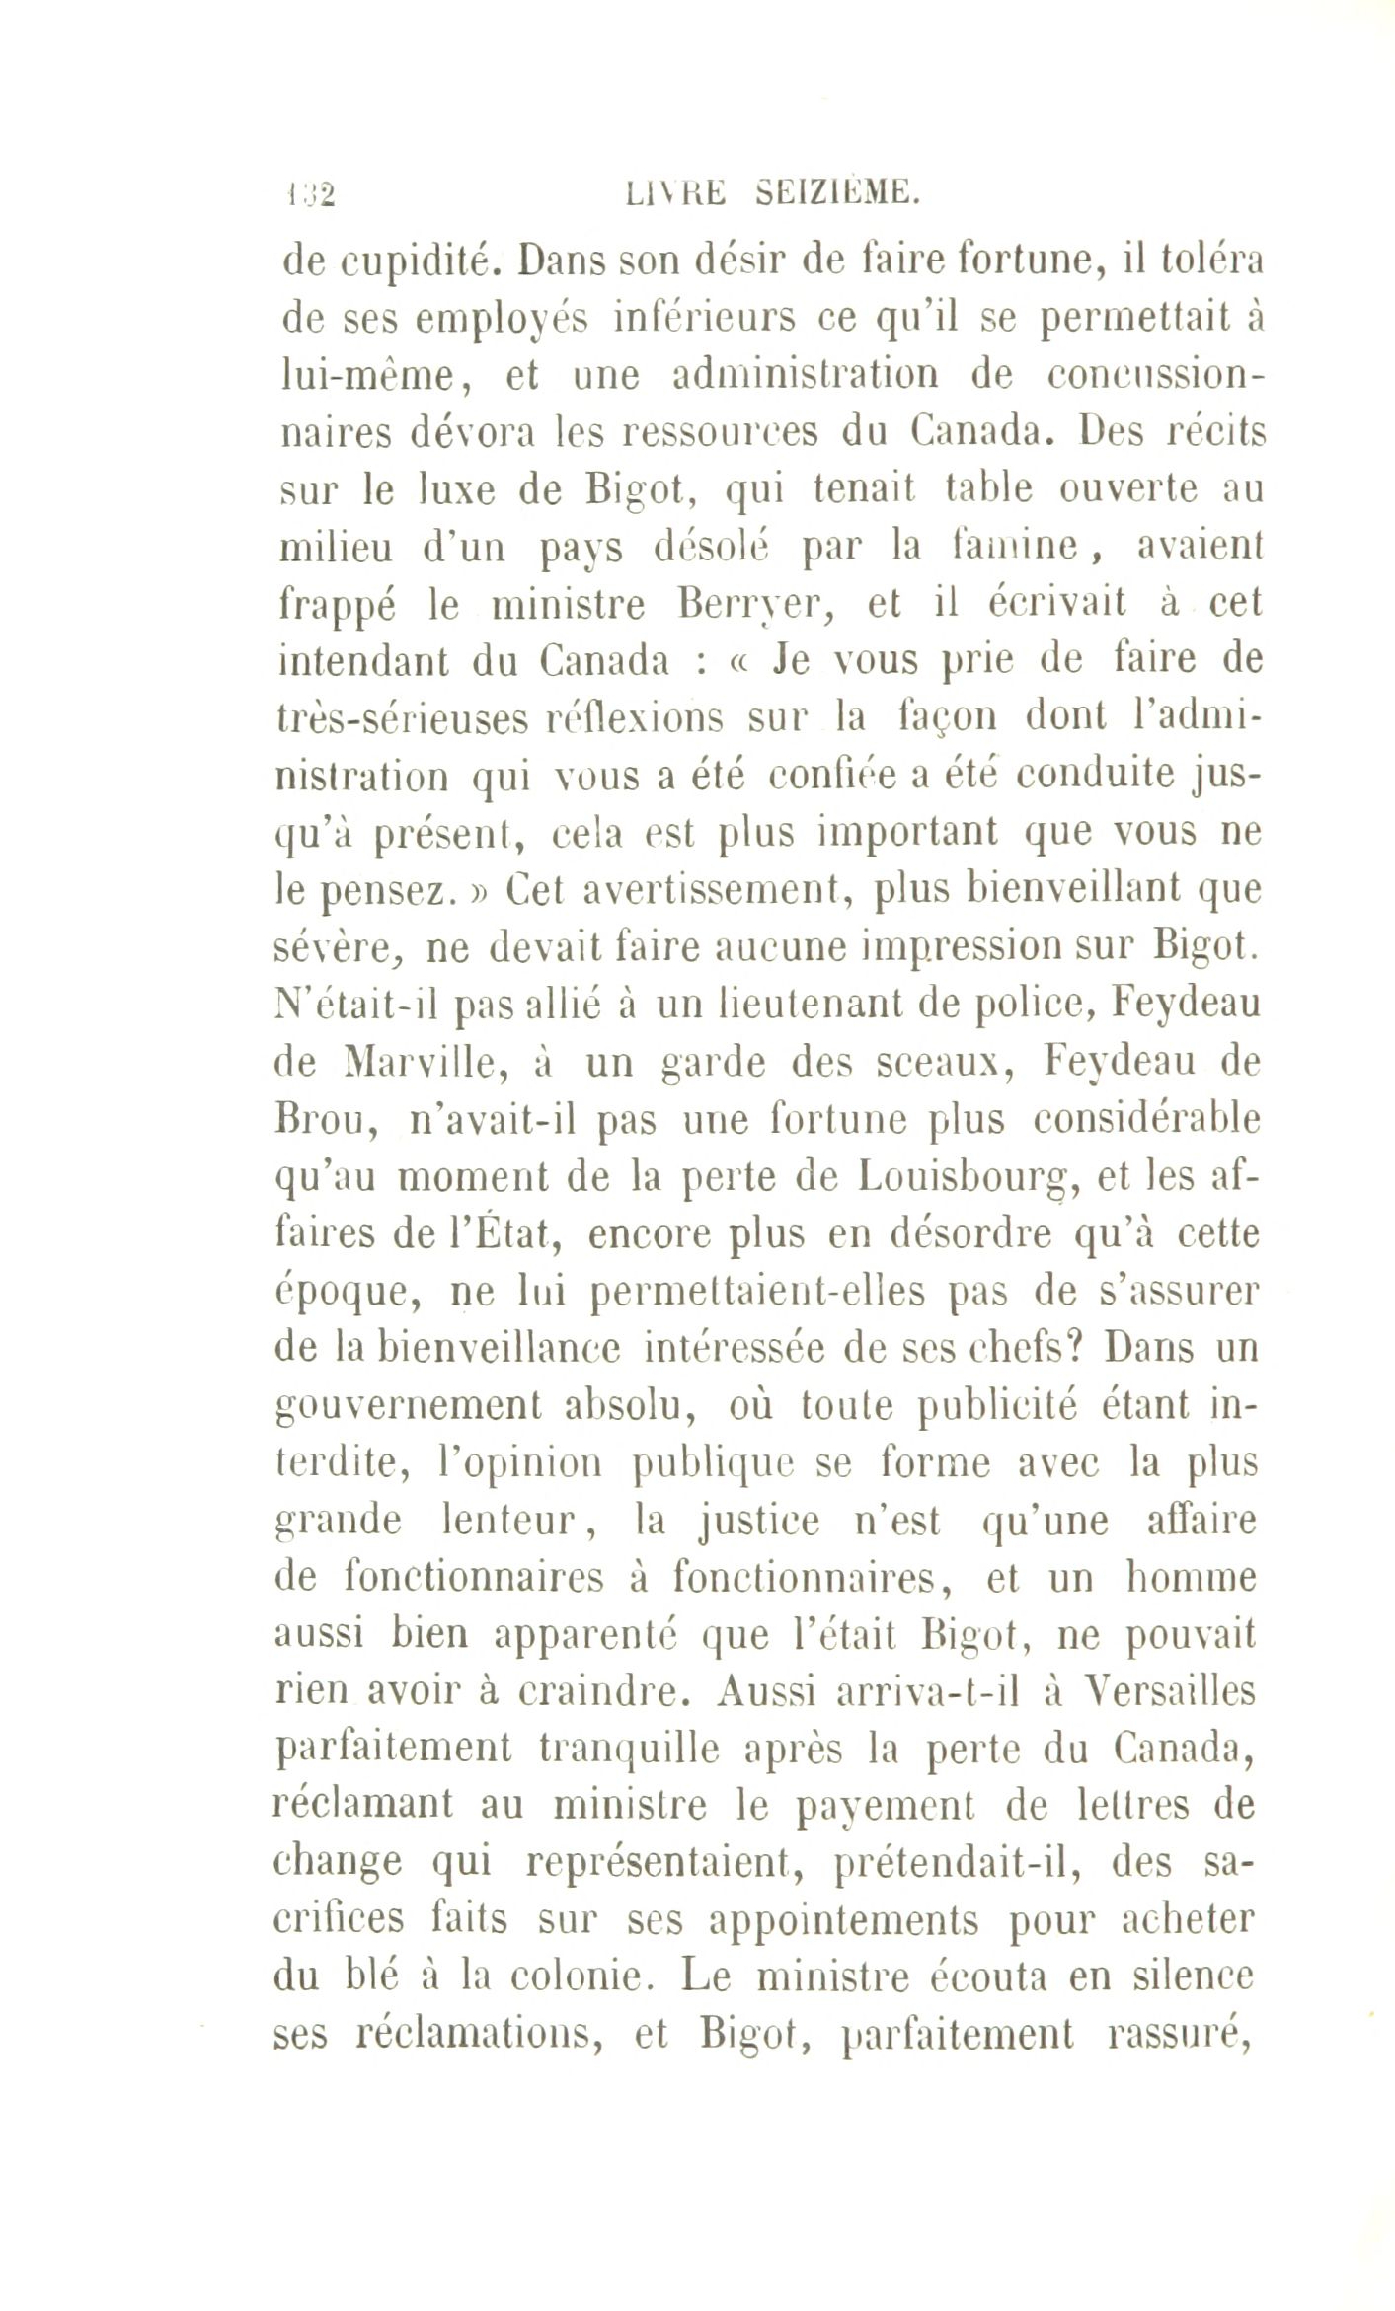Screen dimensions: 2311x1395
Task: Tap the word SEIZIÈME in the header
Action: pyautogui.click(x=839, y=193)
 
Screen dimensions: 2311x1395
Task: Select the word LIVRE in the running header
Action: pyautogui.click(x=676, y=193)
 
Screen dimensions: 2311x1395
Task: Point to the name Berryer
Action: pyautogui.click(x=757, y=605)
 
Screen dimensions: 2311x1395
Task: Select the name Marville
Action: pyautogui.click(x=427, y=1063)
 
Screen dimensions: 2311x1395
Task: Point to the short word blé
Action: pyautogui.click(x=373, y=1976)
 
